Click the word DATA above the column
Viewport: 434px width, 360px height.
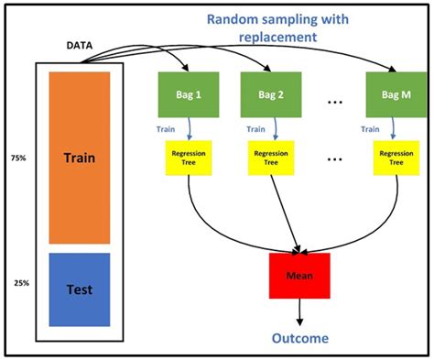click(x=83, y=45)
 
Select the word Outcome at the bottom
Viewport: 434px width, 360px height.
click(x=299, y=339)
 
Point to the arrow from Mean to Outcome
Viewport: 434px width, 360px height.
click(x=299, y=314)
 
